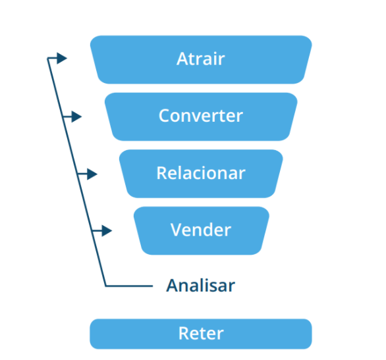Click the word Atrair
click(x=201, y=59)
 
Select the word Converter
click(x=201, y=116)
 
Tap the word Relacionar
click(x=201, y=172)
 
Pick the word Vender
click(x=201, y=230)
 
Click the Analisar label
click(x=201, y=286)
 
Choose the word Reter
click(x=201, y=333)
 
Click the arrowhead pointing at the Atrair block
click(x=62, y=59)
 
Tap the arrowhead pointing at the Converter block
click(x=76, y=116)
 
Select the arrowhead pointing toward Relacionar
click(x=92, y=174)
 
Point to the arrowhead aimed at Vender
click(x=107, y=230)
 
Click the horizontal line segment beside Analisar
click(x=129, y=286)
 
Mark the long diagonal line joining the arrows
click(x=76, y=172)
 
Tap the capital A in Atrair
click(x=182, y=59)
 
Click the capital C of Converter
click(x=164, y=116)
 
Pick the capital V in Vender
click(x=177, y=230)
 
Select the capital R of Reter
click(x=184, y=333)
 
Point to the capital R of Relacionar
click(x=162, y=173)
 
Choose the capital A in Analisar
click(x=173, y=286)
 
